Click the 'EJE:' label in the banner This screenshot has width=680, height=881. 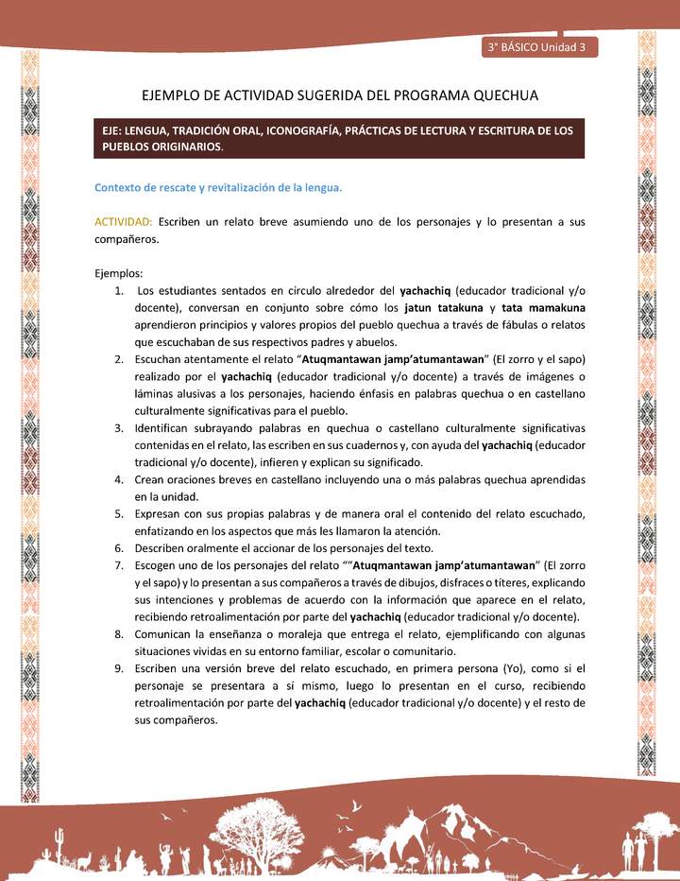(x=118, y=130)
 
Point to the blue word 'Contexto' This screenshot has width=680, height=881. (x=119, y=187)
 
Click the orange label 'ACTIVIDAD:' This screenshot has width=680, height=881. (x=124, y=221)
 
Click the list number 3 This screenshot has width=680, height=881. (x=120, y=427)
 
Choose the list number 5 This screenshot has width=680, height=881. (x=120, y=513)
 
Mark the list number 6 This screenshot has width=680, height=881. (x=120, y=548)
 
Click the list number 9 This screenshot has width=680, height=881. (x=120, y=668)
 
